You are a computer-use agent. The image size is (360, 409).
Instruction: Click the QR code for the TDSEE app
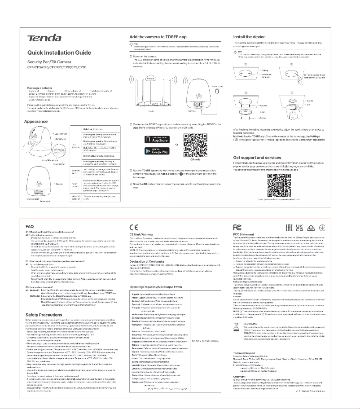[195, 145]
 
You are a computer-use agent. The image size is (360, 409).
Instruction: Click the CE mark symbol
[134, 227]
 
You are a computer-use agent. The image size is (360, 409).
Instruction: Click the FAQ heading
[30, 226]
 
